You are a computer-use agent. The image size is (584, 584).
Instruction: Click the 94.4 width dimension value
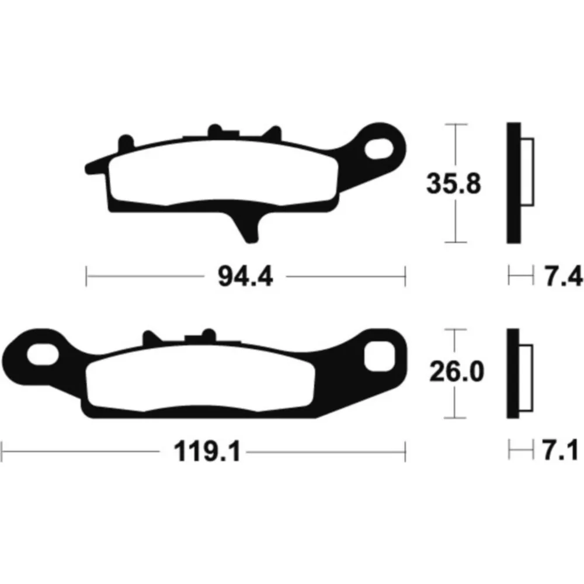(x=245, y=277)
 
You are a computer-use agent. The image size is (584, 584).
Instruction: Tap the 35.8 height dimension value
(x=454, y=183)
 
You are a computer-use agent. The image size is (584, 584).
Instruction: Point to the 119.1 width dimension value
(x=207, y=452)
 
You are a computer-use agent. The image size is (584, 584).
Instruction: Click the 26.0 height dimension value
(x=457, y=371)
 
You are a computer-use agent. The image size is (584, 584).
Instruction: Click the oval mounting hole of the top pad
(x=379, y=148)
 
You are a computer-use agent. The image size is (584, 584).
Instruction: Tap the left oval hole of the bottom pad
(x=43, y=354)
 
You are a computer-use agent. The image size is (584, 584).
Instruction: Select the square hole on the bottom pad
(x=379, y=356)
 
